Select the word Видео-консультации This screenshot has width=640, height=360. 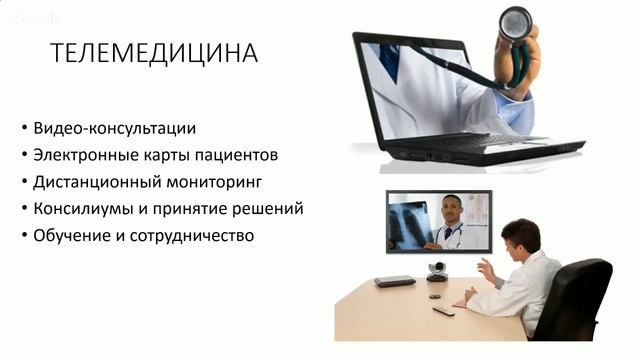114,129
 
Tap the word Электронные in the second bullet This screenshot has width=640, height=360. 82,156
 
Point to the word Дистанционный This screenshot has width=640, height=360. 94,183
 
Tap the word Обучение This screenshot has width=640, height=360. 71,237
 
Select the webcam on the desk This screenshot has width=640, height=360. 436,273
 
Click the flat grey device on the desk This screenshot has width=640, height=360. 394,281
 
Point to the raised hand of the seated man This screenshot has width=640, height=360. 484,268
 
